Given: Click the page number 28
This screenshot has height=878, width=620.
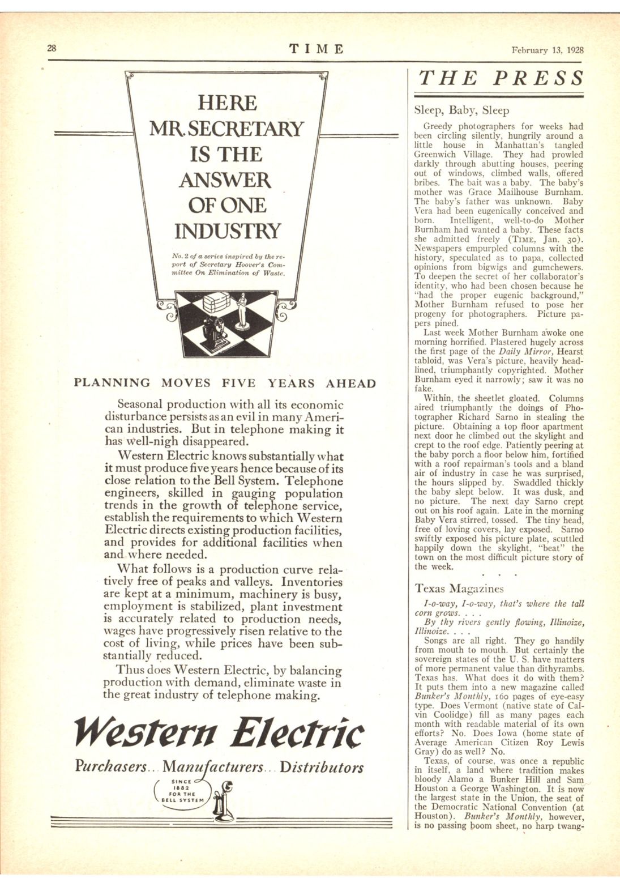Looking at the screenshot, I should point(52,48).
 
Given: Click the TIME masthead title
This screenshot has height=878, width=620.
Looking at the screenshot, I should point(317,49).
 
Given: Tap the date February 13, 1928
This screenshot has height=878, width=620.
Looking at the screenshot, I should point(547,49).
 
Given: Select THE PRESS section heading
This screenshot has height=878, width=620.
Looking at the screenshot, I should point(501,78).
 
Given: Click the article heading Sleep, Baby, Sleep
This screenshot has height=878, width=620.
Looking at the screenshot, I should point(461,110).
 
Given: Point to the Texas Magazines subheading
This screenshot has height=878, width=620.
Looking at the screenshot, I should point(459,589).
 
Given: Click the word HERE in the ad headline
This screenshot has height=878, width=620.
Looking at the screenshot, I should point(226,103).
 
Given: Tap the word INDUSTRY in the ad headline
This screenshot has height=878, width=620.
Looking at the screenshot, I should point(226,231).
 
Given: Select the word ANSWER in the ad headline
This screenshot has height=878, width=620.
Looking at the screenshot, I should point(225,180).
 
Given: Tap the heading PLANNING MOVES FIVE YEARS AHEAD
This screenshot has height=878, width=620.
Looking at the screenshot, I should point(225,383).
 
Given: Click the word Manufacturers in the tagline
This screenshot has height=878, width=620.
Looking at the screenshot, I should point(212,768).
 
